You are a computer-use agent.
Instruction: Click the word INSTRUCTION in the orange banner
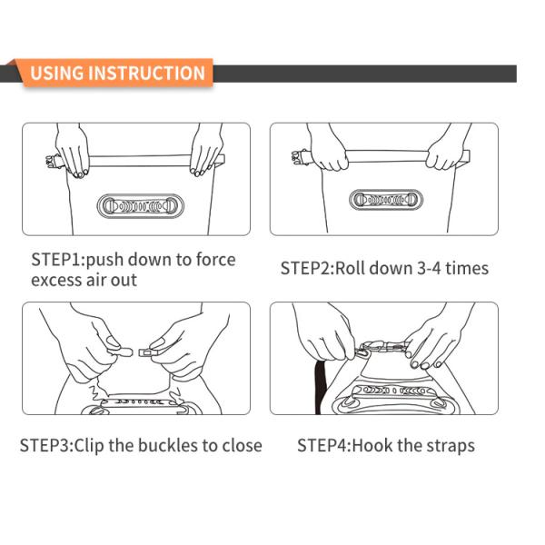tap(146, 73)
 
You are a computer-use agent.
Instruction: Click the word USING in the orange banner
tap(57, 73)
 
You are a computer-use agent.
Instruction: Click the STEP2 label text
tap(307, 268)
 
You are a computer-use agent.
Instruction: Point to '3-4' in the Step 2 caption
tap(429, 268)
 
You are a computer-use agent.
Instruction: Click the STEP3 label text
tap(46, 446)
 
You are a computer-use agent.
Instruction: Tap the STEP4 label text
tap(324, 446)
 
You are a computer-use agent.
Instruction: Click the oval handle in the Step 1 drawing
tap(140, 206)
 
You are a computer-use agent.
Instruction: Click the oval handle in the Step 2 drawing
tap(386, 200)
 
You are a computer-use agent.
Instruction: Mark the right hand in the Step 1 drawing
tap(206, 150)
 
